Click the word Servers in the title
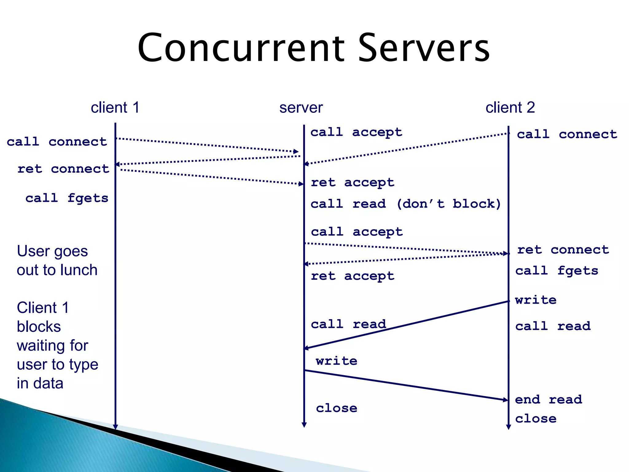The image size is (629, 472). tap(424, 48)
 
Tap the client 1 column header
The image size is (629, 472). tap(115, 108)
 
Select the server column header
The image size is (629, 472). tap(301, 108)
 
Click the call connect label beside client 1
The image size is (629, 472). tap(57, 142)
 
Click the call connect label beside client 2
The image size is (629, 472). tap(567, 134)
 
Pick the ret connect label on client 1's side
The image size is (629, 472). tap(63, 169)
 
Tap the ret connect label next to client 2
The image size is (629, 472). tap(563, 250)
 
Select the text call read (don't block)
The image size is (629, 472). tap(406, 204)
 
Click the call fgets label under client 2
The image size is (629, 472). tap(557, 271)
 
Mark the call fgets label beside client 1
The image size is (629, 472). tap(67, 198)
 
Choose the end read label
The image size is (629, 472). tap(549, 399)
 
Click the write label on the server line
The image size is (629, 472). tap(337, 361)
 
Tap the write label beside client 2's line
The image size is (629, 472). tap(536, 300)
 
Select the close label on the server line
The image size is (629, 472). tap(337, 408)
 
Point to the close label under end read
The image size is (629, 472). tap(536, 419)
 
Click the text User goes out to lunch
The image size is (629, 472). tap(57, 261)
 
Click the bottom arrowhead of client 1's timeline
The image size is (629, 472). tap(115, 427)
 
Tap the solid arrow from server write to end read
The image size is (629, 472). tap(405, 385)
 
